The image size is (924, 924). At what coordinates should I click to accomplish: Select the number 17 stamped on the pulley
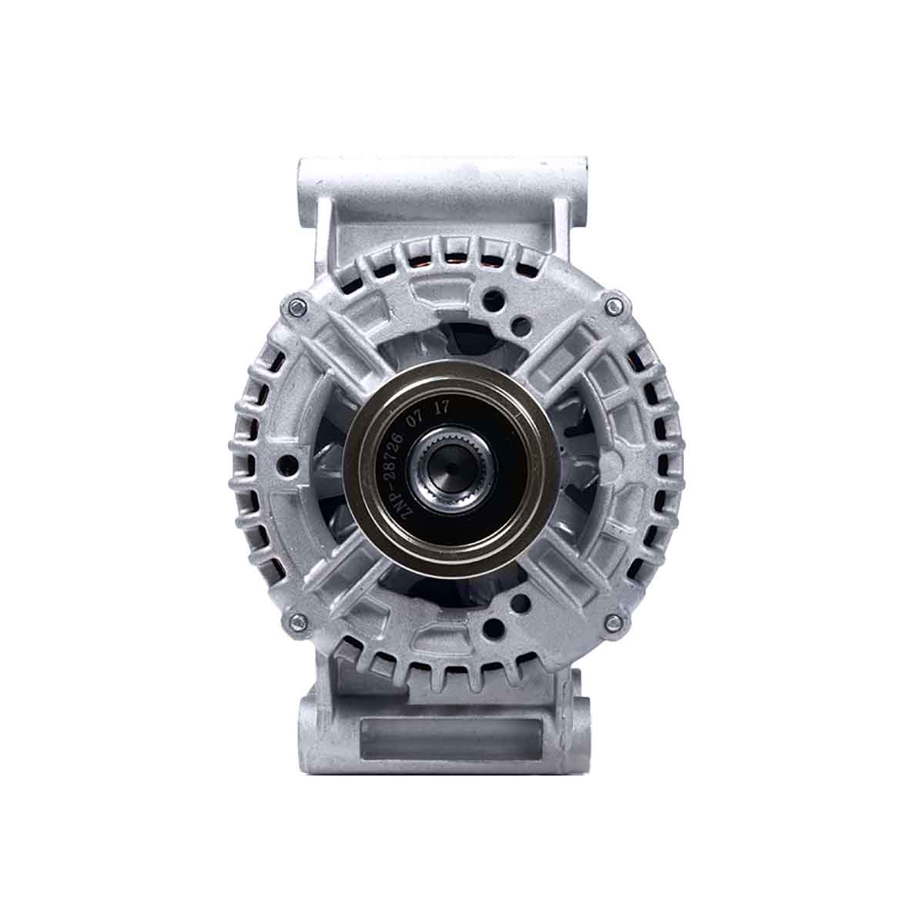pyautogui.click(x=441, y=409)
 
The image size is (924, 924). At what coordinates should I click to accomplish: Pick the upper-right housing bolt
pyautogui.click(x=613, y=306)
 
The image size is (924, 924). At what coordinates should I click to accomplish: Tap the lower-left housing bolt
pyautogui.click(x=296, y=620)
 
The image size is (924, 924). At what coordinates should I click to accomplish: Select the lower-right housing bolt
pyautogui.click(x=613, y=621)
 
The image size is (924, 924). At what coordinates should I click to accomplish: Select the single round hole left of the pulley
pyautogui.click(x=290, y=463)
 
